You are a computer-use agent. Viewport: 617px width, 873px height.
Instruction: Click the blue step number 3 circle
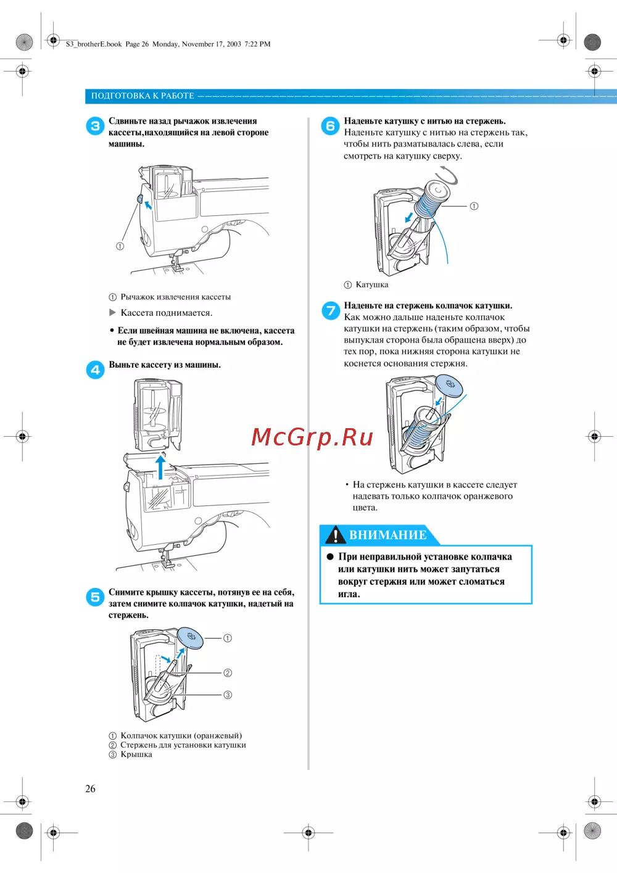(x=95, y=126)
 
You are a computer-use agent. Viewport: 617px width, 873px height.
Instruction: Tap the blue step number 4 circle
(x=95, y=370)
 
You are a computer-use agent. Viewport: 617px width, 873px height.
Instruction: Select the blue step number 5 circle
(x=95, y=597)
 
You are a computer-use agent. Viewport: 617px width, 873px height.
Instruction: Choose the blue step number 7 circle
(x=331, y=310)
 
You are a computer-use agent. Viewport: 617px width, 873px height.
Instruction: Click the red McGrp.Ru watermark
(x=312, y=437)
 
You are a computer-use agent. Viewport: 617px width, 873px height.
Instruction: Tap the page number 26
(x=90, y=788)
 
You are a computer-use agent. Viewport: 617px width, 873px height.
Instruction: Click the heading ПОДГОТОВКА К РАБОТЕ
(x=143, y=96)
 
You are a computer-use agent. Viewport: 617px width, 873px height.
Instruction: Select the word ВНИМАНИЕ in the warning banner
(x=387, y=535)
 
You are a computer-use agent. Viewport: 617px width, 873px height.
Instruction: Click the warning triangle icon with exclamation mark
(x=335, y=535)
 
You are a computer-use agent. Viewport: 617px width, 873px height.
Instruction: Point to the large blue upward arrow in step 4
(x=160, y=466)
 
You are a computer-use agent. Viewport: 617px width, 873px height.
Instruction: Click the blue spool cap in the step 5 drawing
(x=190, y=637)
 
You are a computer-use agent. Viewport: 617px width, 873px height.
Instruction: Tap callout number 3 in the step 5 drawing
(x=228, y=695)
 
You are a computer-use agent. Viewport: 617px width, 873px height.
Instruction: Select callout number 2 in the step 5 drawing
(x=228, y=672)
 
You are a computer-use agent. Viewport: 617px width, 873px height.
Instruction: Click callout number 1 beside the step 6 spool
(x=474, y=206)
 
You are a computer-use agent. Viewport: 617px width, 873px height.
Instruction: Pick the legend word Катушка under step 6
(x=372, y=284)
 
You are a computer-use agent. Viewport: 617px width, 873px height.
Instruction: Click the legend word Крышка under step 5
(x=136, y=755)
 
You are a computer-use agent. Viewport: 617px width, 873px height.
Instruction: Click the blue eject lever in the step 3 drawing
(x=140, y=199)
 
